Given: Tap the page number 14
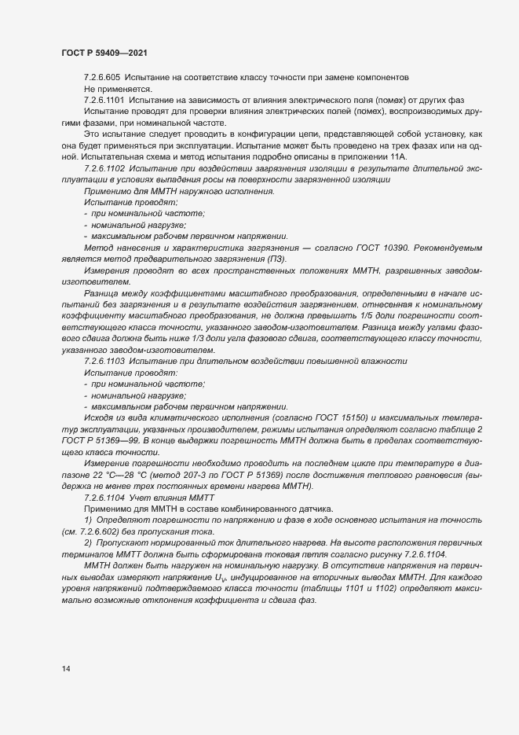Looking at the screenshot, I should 65,669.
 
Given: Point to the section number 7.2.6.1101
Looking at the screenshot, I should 105,101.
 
